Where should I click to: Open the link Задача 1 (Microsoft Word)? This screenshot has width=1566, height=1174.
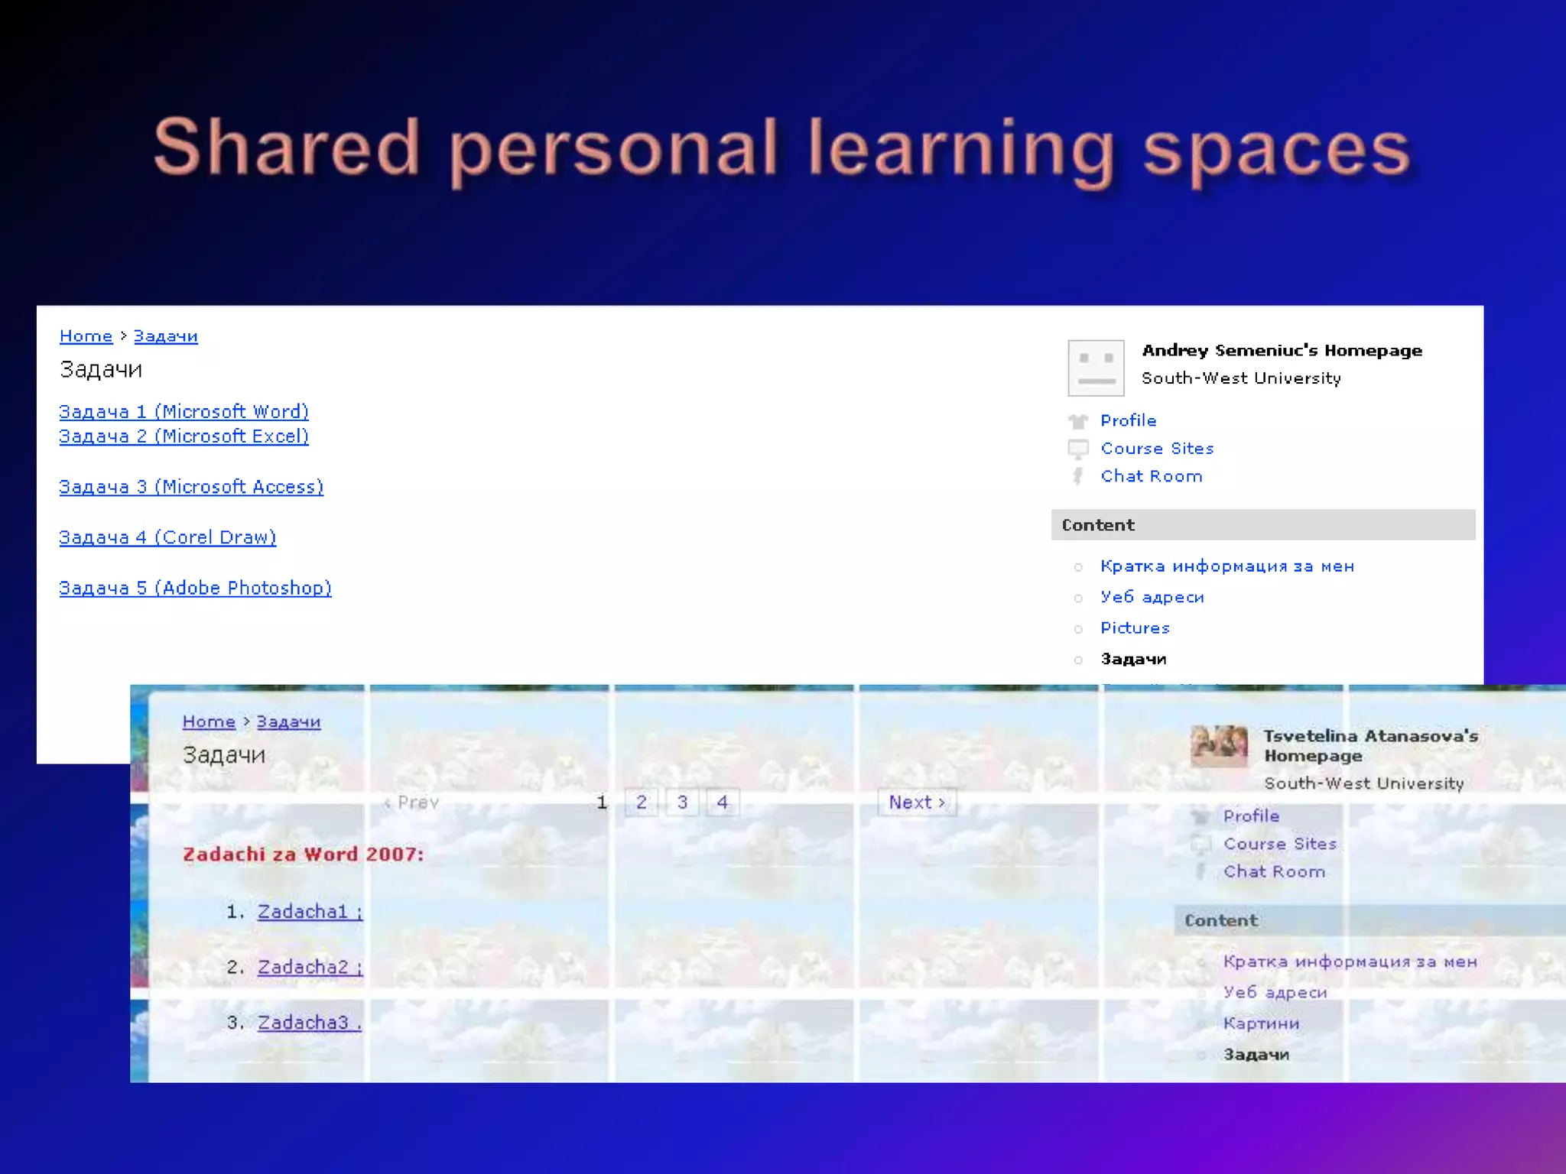pos(184,412)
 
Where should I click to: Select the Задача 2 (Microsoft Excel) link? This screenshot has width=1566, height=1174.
pos(184,436)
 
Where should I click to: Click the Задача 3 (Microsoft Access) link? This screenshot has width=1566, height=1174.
pos(191,487)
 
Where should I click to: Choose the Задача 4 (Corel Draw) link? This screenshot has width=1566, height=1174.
pos(167,537)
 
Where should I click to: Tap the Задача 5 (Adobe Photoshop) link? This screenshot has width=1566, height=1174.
pos(195,588)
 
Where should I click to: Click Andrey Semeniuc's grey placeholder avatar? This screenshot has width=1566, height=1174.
pos(1096,368)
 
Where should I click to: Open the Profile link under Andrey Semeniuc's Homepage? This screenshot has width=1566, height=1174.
pos(1128,420)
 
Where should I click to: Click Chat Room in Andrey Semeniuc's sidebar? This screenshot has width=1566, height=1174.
pos(1151,476)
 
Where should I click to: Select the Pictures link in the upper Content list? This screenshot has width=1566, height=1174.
pos(1135,628)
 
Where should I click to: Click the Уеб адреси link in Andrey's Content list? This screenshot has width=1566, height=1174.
pos(1152,597)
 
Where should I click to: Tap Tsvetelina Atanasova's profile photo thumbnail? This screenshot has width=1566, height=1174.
pos(1219,745)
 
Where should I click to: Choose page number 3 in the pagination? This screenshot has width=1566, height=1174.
pos(682,803)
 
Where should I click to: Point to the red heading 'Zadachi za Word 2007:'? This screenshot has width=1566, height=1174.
pos(303,855)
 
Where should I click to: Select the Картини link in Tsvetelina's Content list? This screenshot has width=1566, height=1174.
pos(1261,1023)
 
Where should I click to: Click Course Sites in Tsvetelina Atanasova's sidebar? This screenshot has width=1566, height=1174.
pos(1280,844)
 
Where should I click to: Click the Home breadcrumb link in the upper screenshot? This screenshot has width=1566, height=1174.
pos(86,336)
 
